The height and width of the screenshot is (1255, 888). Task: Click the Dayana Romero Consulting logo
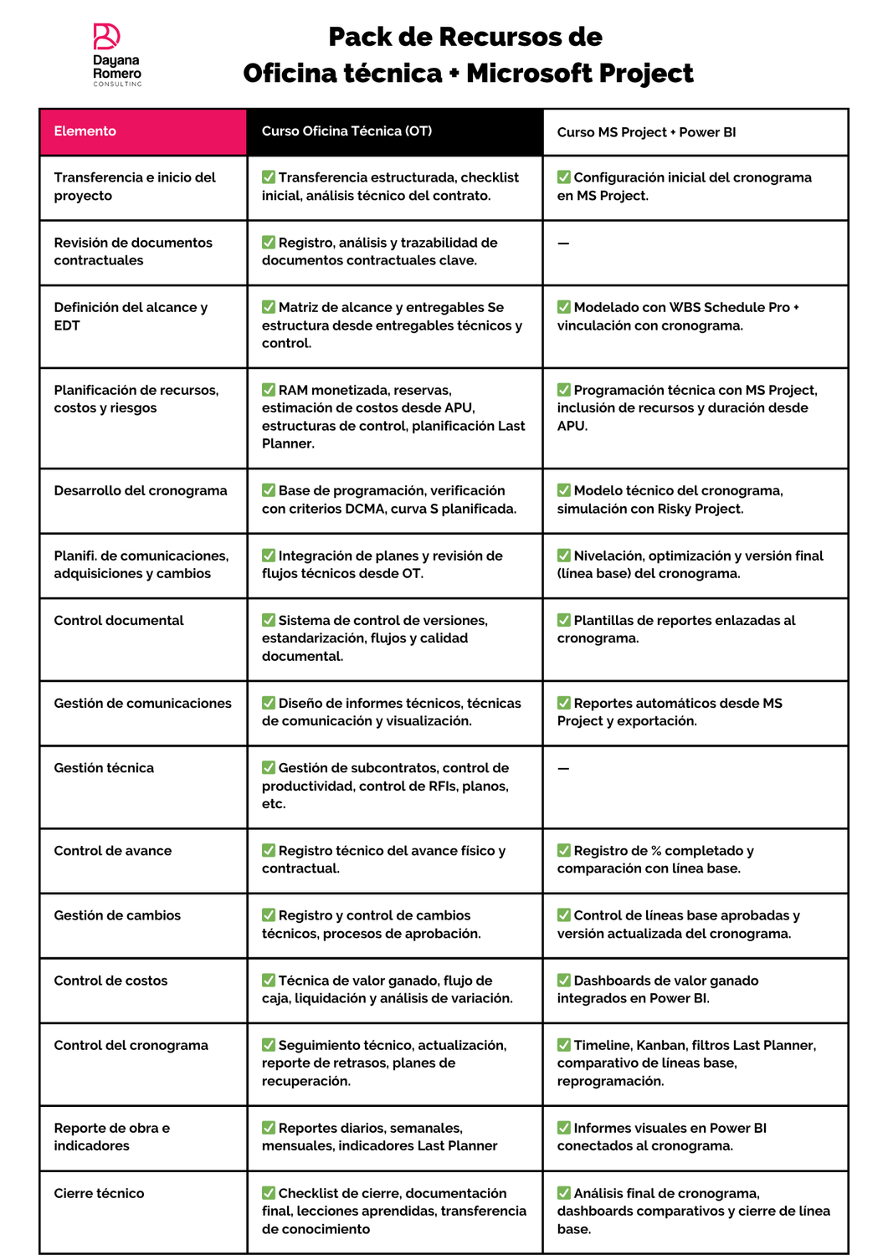tap(116, 54)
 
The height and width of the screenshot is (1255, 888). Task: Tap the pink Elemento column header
tap(143, 131)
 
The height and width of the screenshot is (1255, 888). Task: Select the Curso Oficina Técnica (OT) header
tap(394, 131)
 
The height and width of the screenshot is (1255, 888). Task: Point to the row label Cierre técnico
tap(99, 1193)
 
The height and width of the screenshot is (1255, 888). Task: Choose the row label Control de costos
tap(110, 981)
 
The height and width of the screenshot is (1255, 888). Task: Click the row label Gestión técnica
tap(104, 768)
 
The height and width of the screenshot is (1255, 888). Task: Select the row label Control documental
tap(119, 620)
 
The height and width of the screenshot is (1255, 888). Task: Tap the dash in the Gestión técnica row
tap(563, 768)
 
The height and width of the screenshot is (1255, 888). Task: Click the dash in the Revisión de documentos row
tap(563, 243)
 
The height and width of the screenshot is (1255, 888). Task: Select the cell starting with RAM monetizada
tap(393, 417)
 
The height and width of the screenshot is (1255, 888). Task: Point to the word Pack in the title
tap(355, 37)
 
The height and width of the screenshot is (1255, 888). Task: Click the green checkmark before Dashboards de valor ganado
tap(564, 980)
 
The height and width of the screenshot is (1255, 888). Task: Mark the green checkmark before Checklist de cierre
tap(269, 1192)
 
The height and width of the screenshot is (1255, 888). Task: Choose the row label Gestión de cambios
tap(117, 915)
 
